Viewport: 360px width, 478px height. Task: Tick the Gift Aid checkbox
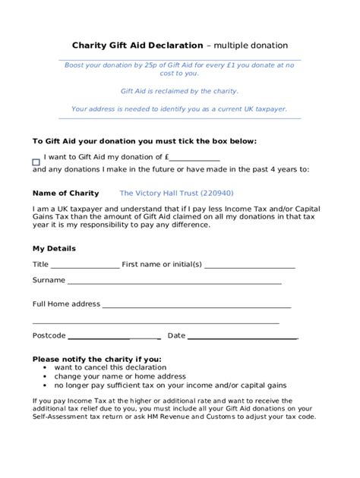point(36,162)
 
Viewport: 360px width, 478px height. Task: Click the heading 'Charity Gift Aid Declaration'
point(137,45)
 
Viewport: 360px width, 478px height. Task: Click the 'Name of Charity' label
point(66,193)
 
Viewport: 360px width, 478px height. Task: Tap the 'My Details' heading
point(54,248)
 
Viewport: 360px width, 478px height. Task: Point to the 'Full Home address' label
point(66,303)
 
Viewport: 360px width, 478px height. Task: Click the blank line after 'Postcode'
point(114,337)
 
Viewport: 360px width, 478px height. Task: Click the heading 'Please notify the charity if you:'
point(97,359)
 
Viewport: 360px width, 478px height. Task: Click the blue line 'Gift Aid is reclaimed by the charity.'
point(179,91)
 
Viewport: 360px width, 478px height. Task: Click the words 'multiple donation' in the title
point(251,45)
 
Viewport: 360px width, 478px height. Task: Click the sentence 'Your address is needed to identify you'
point(179,108)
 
